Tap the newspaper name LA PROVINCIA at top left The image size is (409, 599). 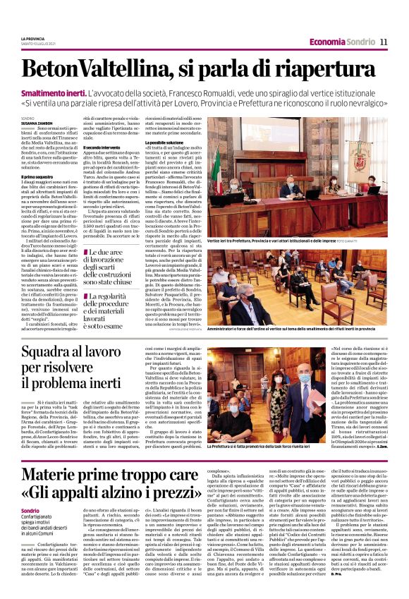coord(32,38)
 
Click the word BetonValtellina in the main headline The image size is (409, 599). coord(94,69)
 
